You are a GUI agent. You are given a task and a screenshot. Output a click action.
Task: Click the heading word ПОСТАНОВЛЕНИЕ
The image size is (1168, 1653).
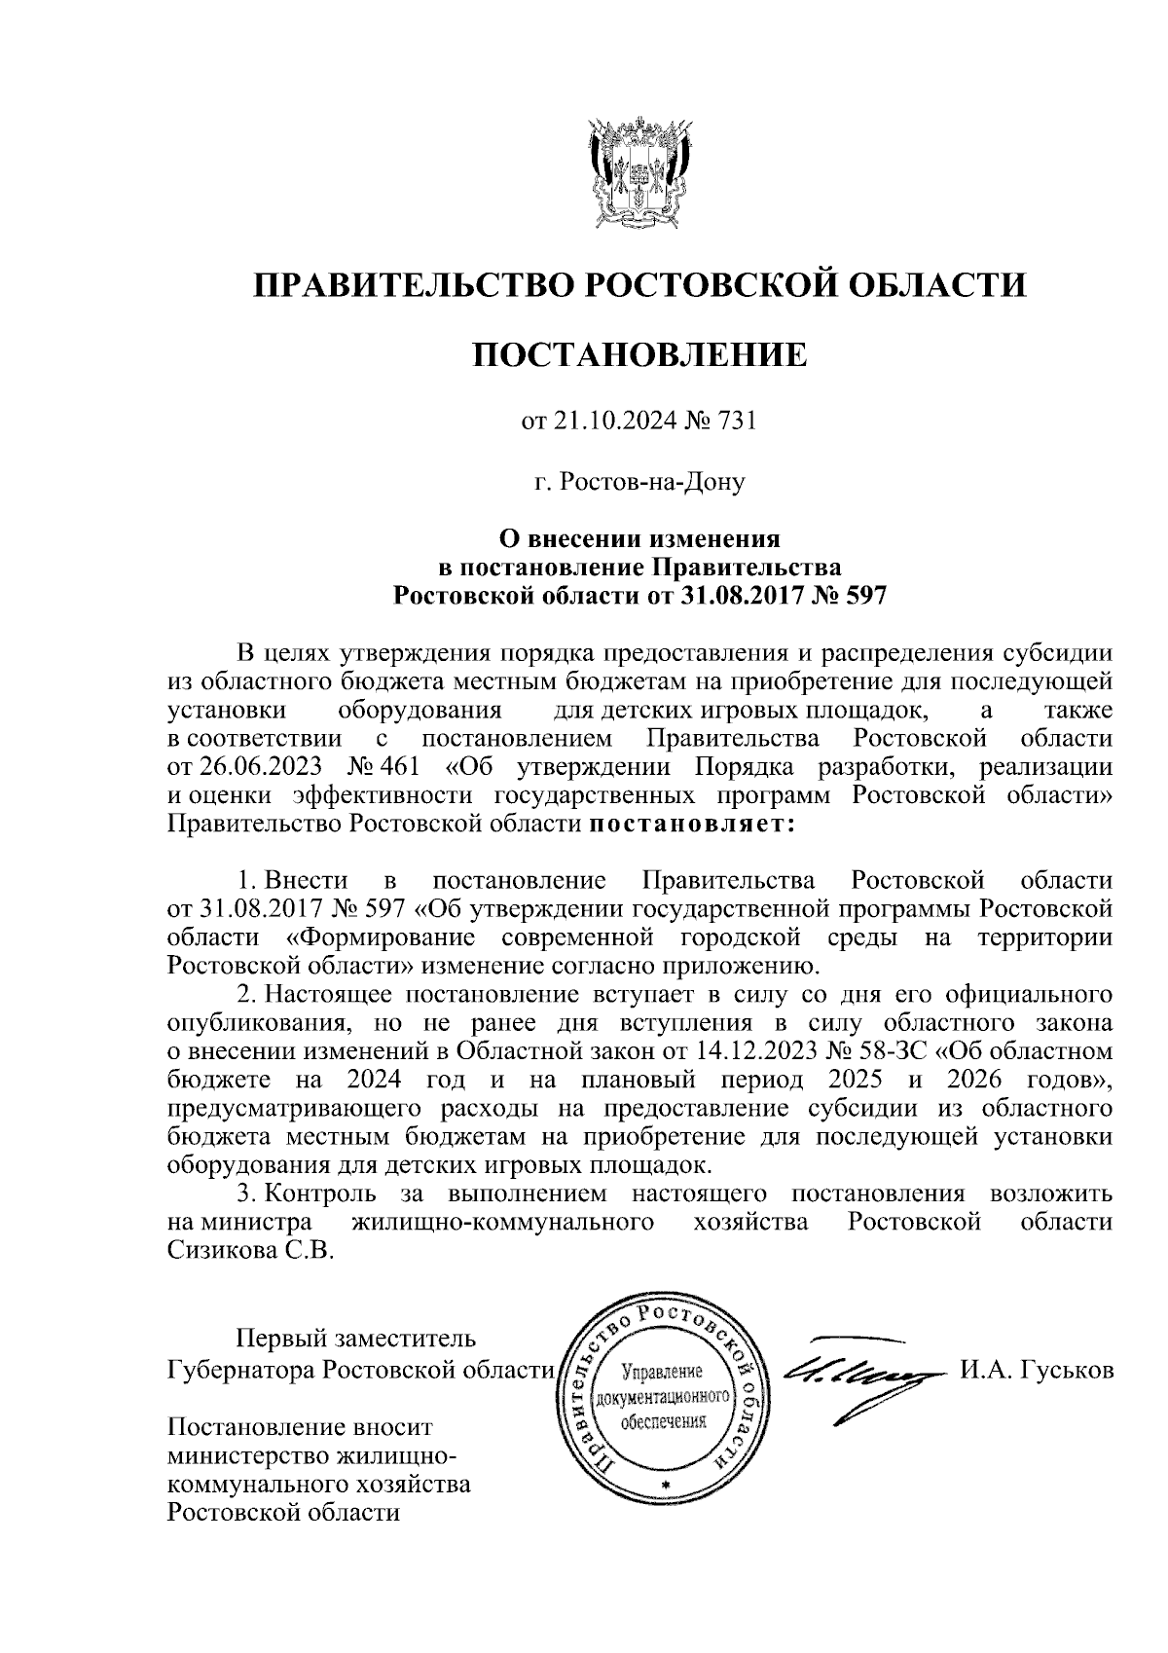click(x=639, y=355)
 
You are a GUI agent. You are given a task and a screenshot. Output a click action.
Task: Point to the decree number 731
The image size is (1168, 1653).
click(x=736, y=422)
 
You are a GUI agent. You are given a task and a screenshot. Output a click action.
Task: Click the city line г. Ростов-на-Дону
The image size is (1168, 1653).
click(x=639, y=481)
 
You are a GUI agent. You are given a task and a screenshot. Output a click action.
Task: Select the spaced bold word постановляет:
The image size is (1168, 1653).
click(x=691, y=826)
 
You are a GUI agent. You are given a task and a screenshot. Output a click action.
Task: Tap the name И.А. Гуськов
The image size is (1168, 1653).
click(x=1036, y=1371)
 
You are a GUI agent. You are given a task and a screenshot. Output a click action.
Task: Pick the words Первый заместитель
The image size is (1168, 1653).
click(x=357, y=1341)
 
